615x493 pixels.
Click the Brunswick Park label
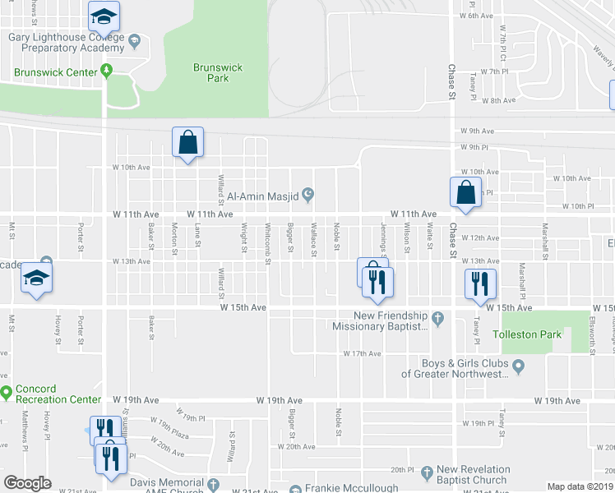coord(210,72)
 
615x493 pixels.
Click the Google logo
coord(27,483)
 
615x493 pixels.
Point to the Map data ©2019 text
coord(580,486)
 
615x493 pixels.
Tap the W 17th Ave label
coord(362,353)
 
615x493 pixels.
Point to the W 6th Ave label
coord(476,16)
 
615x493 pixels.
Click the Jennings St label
coord(383,240)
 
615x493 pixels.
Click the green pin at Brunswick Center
coord(106,71)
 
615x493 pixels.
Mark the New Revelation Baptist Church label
coord(473,475)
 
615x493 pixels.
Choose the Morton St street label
coord(174,238)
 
